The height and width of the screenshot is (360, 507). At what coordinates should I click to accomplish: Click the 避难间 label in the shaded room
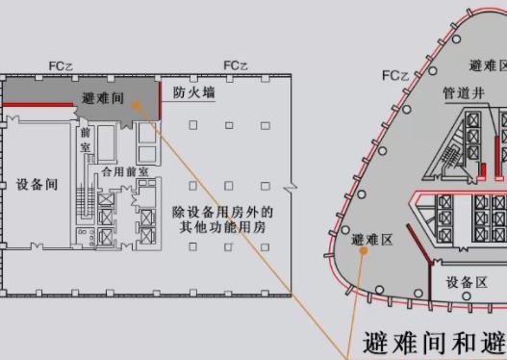[103, 98]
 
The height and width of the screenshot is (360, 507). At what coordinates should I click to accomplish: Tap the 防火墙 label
[193, 93]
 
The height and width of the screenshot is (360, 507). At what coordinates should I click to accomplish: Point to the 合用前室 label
[125, 170]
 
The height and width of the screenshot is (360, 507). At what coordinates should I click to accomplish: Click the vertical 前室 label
[86, 140]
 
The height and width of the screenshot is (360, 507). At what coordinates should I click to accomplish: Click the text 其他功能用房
[223, 228]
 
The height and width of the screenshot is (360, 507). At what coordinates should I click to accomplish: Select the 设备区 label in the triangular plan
[466, 282]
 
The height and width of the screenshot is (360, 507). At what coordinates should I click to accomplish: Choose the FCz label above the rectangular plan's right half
[235, 64]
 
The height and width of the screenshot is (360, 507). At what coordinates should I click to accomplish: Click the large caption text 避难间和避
[433, 343]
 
